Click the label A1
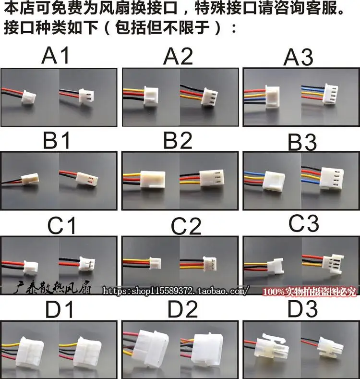pos(55,55)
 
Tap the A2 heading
pos(178,56)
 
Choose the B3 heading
pos(302,142)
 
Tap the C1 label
pos(62,225)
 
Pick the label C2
pos(186,226)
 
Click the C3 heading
pos(304,223)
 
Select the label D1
pos(60,309)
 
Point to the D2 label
pos(183,309)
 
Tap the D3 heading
pos(302,309)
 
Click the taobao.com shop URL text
pos(175,291)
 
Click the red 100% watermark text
pos(310,292)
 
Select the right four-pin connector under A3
pos(330,94)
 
